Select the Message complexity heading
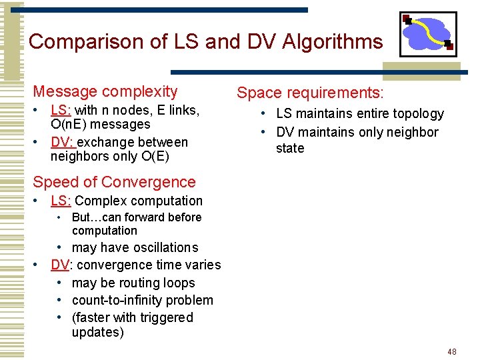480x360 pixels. [105, 91]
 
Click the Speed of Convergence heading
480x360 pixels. [114, 182]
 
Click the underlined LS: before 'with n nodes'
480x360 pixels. [61, 109]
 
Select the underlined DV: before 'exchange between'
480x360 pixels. [63, 142]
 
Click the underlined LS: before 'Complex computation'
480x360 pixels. [61, 201]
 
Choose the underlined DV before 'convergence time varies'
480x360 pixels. [59, 265]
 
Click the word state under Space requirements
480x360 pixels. [290, 148]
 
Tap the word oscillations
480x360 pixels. [165, 247]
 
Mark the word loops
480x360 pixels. [179, 283]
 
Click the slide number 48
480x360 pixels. [452, 351]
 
